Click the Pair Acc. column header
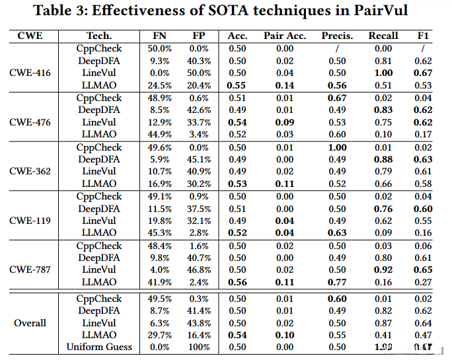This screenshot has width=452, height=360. click(x=284, y=35)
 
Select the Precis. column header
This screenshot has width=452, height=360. click(x=337, y=35)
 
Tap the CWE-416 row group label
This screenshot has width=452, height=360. click(x=30, y=73)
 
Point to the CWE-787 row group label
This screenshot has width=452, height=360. click(x=30, y=270)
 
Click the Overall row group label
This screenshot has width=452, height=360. click(x=30, y=323)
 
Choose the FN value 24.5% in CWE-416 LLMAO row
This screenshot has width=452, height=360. click(x=159, y=85)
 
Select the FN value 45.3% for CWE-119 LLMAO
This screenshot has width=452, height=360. click(x=159, y=233)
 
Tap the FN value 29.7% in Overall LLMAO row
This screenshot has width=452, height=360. click(x=159, y=335)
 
